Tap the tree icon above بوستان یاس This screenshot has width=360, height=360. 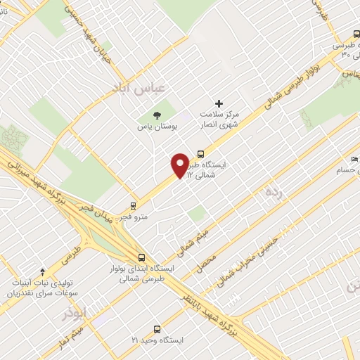(x=157, y=115)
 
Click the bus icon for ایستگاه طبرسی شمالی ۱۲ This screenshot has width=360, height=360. (x=202, y=154)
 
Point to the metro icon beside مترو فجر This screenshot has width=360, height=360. (x=133, y=207)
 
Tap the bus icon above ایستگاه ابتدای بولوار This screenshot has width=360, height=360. (x=141, y=257)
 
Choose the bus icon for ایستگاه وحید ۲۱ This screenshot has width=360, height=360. (x=156, y=328)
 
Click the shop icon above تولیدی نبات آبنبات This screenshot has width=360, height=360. (x=42, y=271)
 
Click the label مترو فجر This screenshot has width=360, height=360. (x=133, y=217)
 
